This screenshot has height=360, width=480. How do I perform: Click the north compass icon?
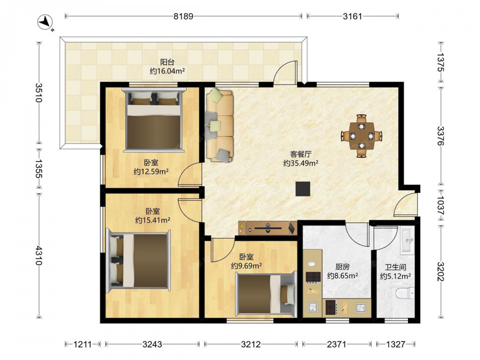tap(45, 22)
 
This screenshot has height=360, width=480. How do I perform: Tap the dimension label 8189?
tap(183, 16)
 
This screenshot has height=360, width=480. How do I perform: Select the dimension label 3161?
tap(352, 16)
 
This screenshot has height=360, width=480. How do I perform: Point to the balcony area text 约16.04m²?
tap(167, 71)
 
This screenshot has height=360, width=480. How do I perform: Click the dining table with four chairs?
tap(362, 136)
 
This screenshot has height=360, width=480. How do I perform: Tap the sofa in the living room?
tap(220, 125)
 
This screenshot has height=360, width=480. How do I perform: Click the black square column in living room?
tap(303, 189)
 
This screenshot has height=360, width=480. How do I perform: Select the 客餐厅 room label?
tap(300, 154)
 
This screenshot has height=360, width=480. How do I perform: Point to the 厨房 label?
tap(342, 267)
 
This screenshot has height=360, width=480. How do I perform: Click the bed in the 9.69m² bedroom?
tap(266, 294)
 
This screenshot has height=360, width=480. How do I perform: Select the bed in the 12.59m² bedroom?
tap(154, 120)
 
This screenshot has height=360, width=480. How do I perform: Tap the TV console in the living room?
tap(268, 228)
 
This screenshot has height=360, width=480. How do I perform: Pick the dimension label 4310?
tap(39, 255)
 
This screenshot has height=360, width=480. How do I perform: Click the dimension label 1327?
tap(396, 344)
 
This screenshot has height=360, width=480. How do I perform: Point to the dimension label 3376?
tap(440, 136)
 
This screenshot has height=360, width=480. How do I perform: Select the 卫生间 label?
tap(396, 267)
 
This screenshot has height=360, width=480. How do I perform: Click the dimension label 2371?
tap(337, 344)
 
